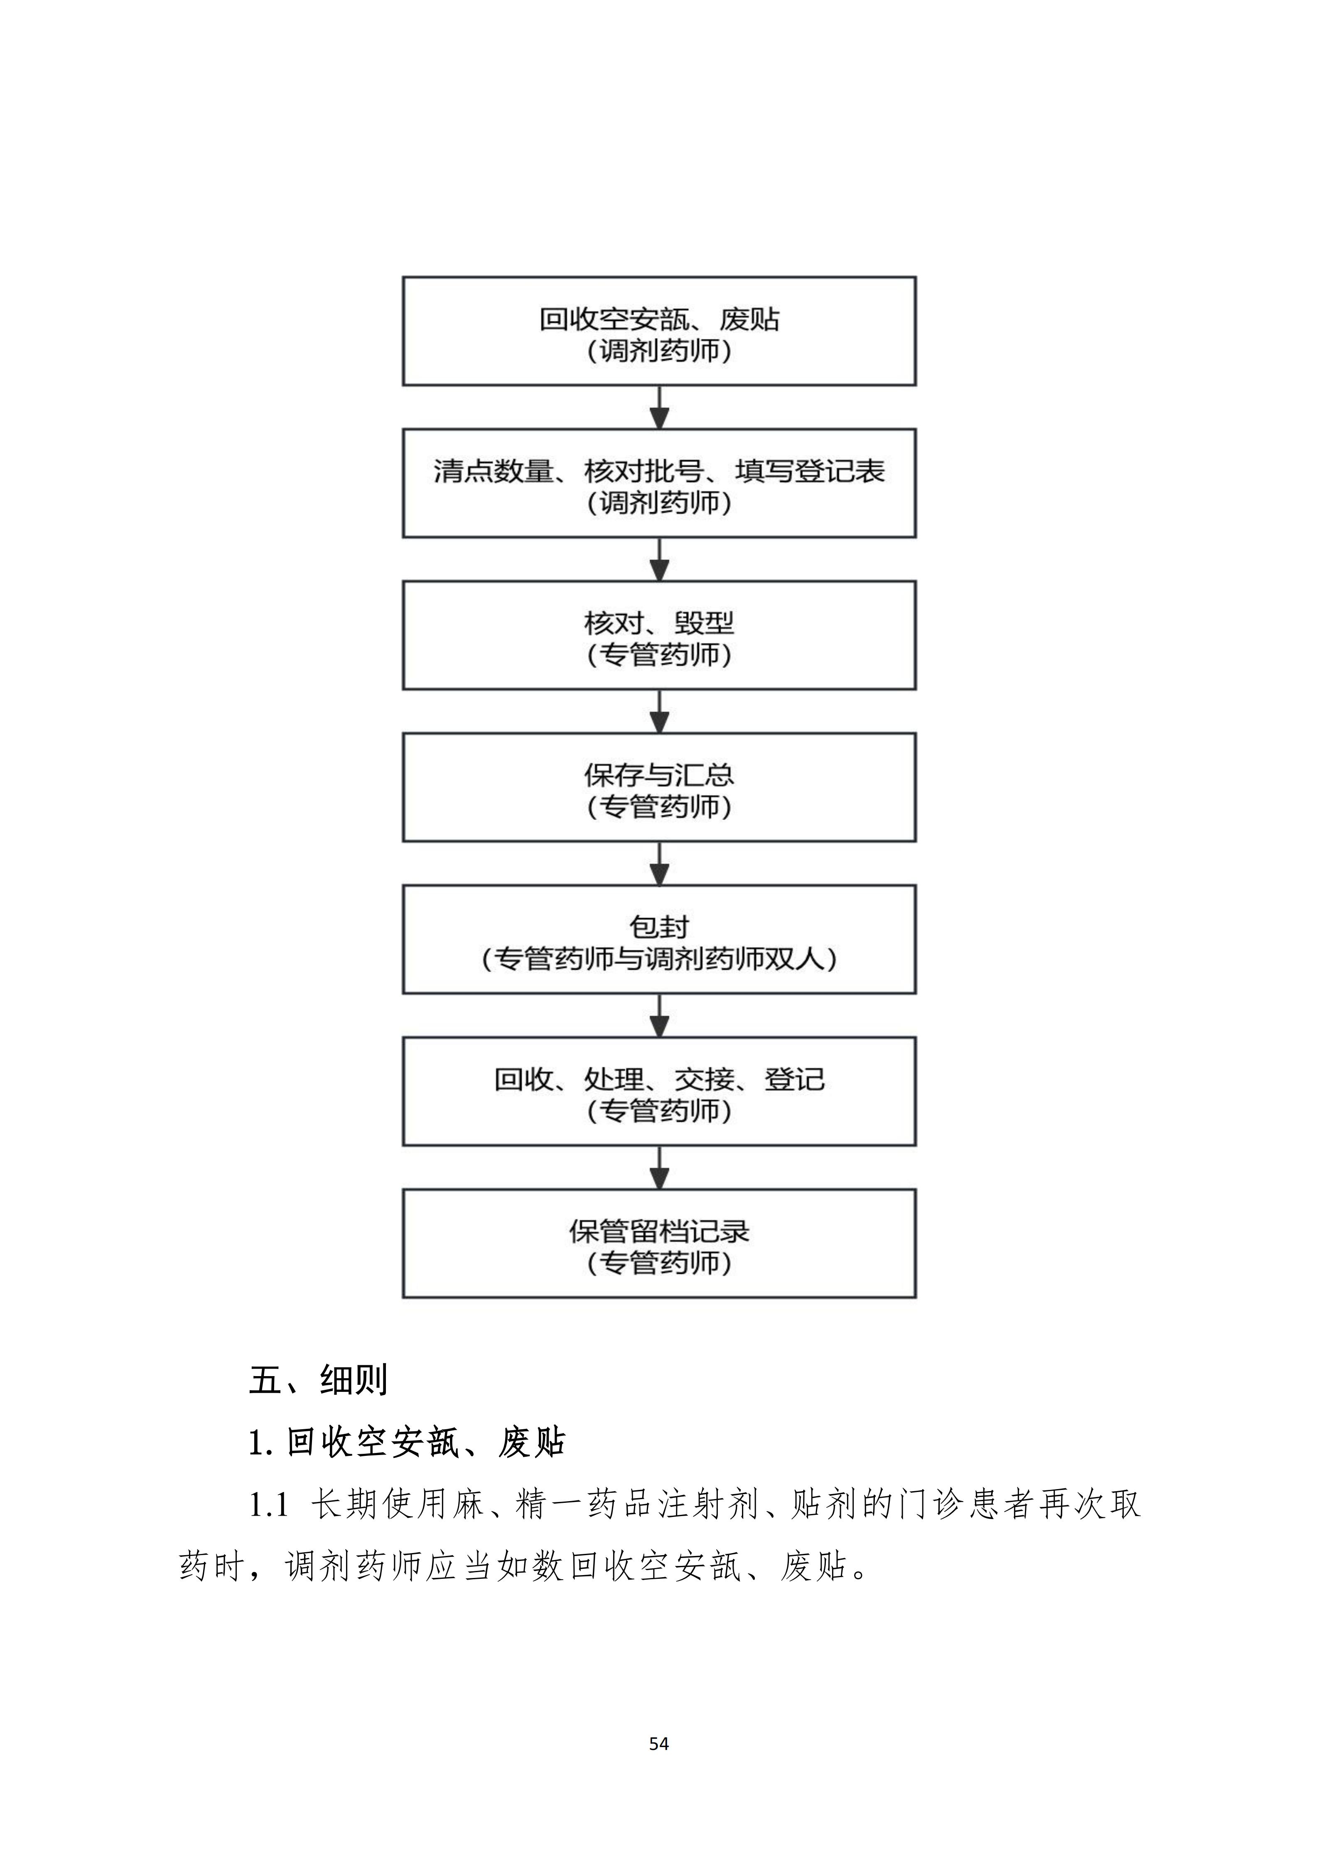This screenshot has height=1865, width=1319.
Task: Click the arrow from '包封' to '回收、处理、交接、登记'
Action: pos(660,1015)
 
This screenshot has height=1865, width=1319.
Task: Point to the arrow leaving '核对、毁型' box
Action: pos(660,711)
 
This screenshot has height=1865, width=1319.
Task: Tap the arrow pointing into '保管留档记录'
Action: pos(660,1167)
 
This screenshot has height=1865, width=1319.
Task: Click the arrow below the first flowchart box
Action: pos(660,407)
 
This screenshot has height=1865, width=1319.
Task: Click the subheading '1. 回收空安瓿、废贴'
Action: pos(407,1443)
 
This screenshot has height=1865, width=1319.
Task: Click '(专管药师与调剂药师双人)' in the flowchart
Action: pos(659,959)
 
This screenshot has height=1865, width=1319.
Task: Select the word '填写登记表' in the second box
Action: pos(810,471)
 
